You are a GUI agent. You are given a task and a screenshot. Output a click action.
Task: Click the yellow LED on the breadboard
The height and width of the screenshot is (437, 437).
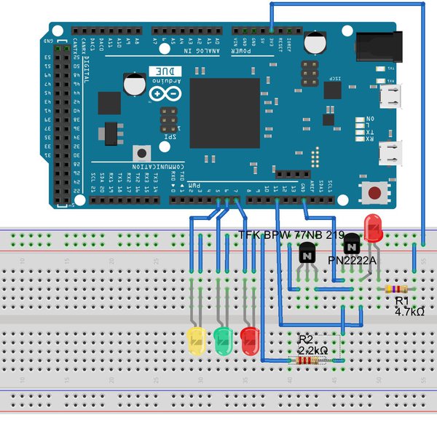(x=197, y=341)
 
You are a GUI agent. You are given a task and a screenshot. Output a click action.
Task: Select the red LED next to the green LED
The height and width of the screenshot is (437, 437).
(x=250, y=341)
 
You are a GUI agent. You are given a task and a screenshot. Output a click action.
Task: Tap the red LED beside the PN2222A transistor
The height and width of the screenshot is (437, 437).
(x=374, y=228)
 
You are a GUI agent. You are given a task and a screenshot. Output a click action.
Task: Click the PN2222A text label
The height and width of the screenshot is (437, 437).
(x=352, y=259)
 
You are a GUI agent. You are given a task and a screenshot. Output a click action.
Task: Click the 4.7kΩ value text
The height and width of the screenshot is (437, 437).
(x=409, y=311)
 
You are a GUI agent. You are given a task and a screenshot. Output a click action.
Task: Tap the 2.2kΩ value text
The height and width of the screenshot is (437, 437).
(x=314, y=350)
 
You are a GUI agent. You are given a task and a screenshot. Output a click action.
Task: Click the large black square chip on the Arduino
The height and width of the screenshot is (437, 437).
(x=225, y=113)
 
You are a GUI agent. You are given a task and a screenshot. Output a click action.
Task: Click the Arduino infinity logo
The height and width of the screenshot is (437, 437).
(x=163, y=94)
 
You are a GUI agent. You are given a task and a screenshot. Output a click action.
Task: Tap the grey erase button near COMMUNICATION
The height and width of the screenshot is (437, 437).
(x=141, y=154)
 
